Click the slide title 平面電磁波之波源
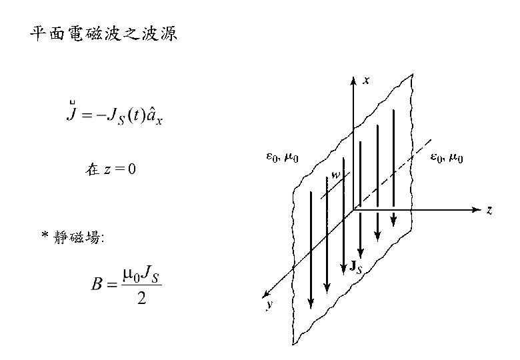point(103,35)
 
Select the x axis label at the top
point(366,81)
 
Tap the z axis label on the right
point(489,210)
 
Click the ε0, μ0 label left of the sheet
point(283,158)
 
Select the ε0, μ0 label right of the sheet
point(447,158)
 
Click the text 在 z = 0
point(111,169)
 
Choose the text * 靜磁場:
point(73,237)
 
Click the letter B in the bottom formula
point(97,285)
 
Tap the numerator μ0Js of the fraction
point(141,273)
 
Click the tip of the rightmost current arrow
point(394,223)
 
